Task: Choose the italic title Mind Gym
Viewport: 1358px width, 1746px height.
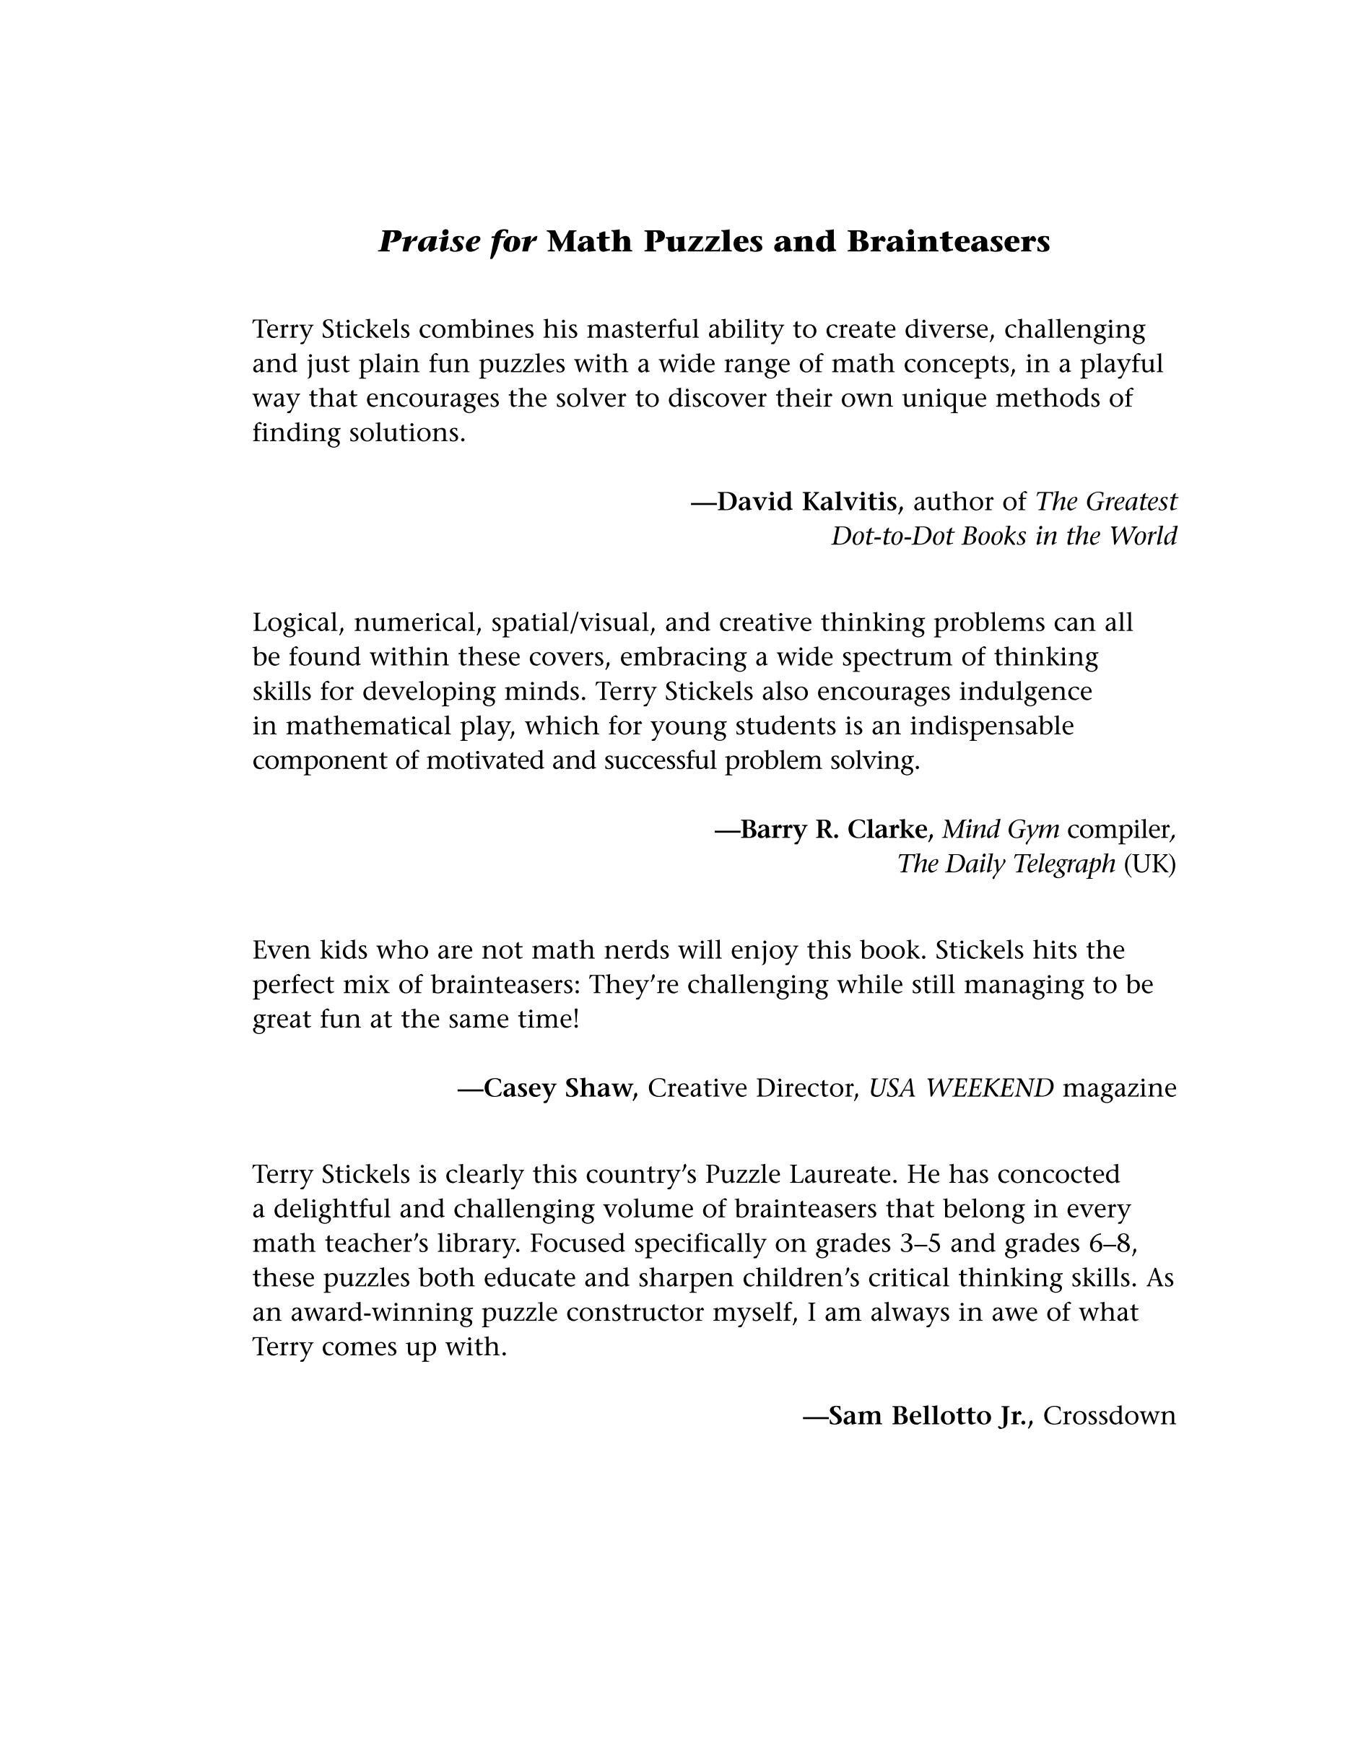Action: coord(1001,829)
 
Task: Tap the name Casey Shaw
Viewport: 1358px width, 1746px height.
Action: coord(557,1088)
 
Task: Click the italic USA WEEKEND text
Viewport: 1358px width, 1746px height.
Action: coord(961,1088)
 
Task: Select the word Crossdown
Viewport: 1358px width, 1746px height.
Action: coord(1110,1416)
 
